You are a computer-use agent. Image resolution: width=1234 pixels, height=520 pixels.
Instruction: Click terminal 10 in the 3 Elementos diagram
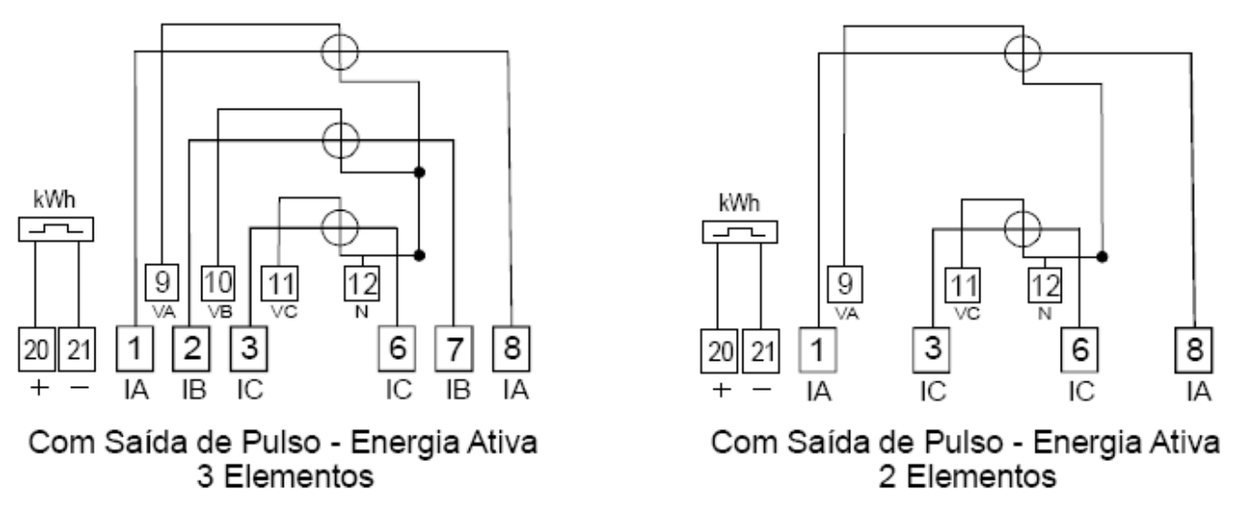pyautogui.click(x=218, y=284)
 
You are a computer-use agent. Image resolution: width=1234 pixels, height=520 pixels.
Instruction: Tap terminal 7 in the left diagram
pyautogui.click(x=454, y=349)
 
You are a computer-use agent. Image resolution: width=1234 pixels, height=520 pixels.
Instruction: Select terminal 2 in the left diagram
pyautogui.click(x=191, y=349)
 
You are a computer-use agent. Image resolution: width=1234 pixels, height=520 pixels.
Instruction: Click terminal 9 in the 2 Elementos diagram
pyautogui.click(x=845, y=285)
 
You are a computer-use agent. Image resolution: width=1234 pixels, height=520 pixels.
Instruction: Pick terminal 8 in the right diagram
pyautogui.click(x=1194, y=350)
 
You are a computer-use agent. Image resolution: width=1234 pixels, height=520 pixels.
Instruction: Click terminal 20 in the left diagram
pyautogui.click(x=37, y=349)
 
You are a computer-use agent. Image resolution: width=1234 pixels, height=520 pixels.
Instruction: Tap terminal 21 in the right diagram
pyautogui.click(x=761, y=351)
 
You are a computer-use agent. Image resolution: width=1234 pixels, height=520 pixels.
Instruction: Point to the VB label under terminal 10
pyautogui.click(x=220, y=312)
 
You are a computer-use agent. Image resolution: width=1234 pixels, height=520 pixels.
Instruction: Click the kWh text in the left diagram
pyautogui.click(x=54, y=200)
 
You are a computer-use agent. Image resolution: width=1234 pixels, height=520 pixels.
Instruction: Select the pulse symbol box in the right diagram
pyautogui.click(x=740, y=232)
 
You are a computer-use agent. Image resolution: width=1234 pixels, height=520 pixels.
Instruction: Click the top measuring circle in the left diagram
pyautogui.click(x=339, y=52)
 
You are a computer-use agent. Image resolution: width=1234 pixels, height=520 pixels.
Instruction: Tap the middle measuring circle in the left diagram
pyautogui.click(x=341, y=140)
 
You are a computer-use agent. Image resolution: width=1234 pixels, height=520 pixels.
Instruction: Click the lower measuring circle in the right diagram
pyautogui.click(x=1022, y=229)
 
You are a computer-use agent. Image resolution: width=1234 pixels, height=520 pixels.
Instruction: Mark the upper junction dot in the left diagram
pyautogui.click(x=419, y=172)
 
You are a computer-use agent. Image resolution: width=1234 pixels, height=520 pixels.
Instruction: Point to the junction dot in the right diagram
pyautogui.click(x=1102, y=257)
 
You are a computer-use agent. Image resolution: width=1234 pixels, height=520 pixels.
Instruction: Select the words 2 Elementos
pyautogui.click(x=968, y=477)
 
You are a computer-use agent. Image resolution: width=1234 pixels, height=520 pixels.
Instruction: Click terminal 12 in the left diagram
pyautogui.click(x=362, y=284)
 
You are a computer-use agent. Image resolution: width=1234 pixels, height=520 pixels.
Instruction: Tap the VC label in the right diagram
pyautogui.click(x=967, y=314)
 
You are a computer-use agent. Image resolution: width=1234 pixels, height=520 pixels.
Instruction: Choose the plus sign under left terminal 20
pyautogui.click(x=39, y=388)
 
